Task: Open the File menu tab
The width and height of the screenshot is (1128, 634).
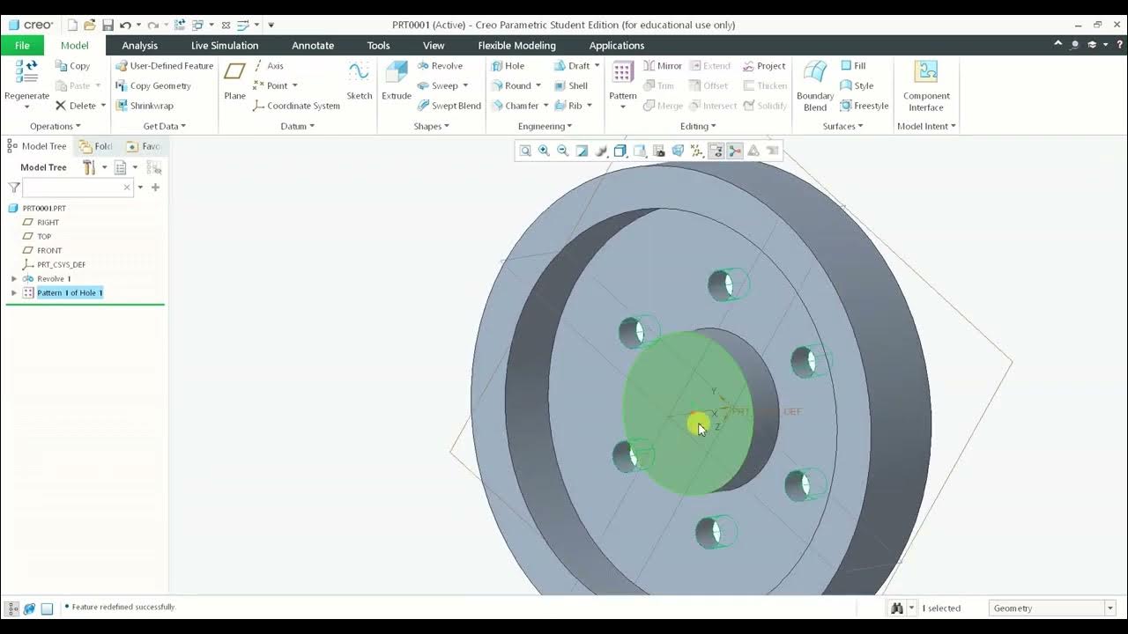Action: click(x=22, y=46)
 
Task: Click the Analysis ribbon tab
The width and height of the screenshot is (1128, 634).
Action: click(x=139, y=46)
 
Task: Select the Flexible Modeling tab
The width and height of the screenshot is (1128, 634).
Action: click(x=516, y=46)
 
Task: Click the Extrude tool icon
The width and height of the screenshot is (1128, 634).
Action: click(x=397, y=74)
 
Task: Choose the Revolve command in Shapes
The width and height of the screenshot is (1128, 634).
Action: click(x=440, y=66)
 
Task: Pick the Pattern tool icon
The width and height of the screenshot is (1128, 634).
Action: click(x=622, y=74)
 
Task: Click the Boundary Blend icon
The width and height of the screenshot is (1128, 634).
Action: click(x=815, y=74)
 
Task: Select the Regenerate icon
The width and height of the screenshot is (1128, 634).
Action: click(x=26, y=74)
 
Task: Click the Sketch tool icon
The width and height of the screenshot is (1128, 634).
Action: click(x=359, y=74)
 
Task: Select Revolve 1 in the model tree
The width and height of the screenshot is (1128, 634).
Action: click(x=54, y=279)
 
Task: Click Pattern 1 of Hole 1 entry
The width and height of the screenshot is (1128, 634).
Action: click(x=70, y=293)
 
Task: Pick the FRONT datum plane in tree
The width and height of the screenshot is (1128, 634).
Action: click(x=49, y=251)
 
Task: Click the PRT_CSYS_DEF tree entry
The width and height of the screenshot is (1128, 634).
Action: click(x=61, y=265)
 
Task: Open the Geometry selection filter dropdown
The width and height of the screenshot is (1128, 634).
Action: click(x=1109, y=608)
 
